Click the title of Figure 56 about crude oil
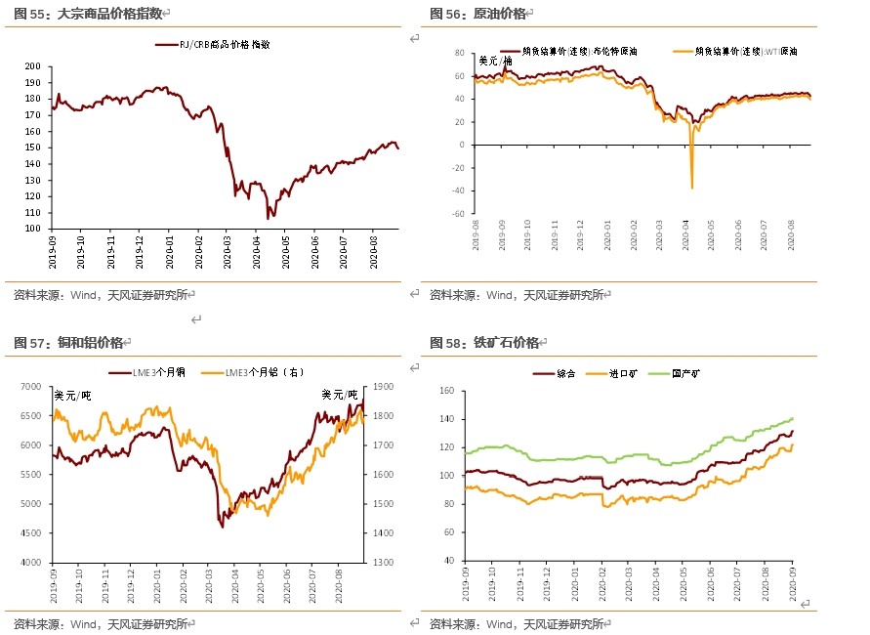478,13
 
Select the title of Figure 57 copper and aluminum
68,342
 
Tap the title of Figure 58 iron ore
484,342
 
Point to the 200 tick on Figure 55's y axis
32,66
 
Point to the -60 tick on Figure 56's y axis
459,211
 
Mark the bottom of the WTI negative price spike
691,188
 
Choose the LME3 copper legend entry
167,372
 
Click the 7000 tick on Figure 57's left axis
29,387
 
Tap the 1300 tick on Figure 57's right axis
383,563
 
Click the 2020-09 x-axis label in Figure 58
792,584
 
